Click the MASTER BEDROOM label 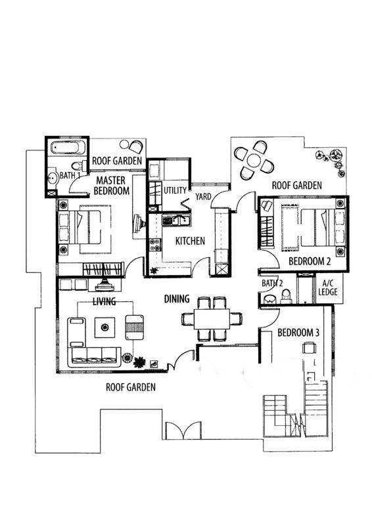coord(112,186)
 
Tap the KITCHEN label coord(190,241)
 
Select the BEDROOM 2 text coord(310,261)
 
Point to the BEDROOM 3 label coord(298,333)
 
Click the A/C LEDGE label coord(328,287)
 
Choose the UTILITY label coord(175,190)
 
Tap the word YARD coord(203,196)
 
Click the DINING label coord(177,299)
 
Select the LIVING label coord(105,301)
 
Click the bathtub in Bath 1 coord(66,147)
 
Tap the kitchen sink coord(175,220)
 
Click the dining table coord(212,319)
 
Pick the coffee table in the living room coord(105,327)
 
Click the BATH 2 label coord(272,283)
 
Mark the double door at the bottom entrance coord(183,430)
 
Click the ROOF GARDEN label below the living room coord(131,387)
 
